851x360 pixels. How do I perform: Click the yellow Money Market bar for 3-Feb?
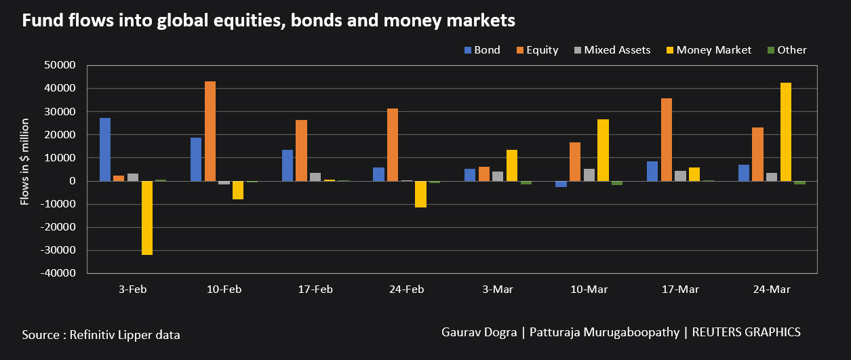coord(147,218)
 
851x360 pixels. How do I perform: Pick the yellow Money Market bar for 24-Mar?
coord(786,132)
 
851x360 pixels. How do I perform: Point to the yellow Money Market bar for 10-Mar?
coord(603,150)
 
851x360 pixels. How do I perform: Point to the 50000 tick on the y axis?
coord(59,65)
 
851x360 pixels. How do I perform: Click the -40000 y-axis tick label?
coord(57,273)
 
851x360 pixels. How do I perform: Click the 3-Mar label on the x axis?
coord(498,289)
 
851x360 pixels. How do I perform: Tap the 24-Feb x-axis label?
coord(406,289)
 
